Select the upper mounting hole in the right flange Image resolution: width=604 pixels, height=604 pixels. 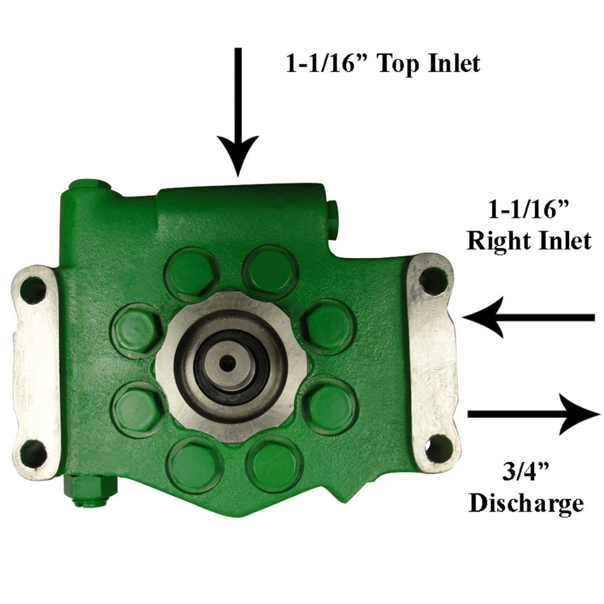[x=432, y=280]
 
